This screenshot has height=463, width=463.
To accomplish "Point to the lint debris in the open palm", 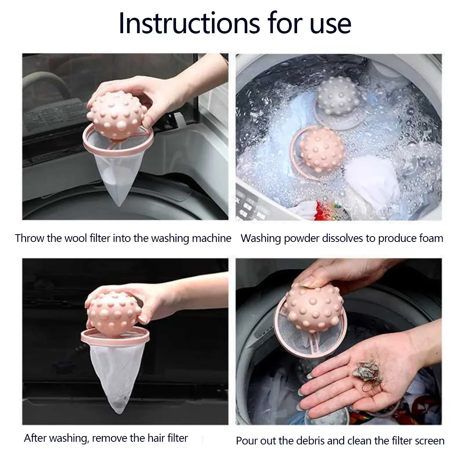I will point(367,371).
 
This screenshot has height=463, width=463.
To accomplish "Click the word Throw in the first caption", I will point(30,238).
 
